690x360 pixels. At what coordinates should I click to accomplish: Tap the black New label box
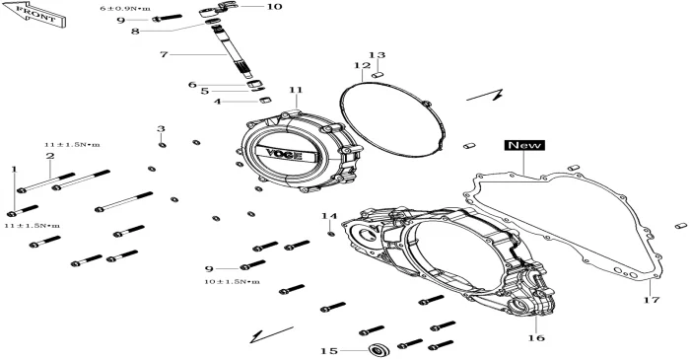[x=524, y=145]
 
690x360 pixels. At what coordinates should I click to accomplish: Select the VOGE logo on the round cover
[x=284, y=155]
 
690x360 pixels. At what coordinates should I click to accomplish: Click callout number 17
[x=652, y=300]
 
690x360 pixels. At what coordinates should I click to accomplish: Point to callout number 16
[x=536, y=338]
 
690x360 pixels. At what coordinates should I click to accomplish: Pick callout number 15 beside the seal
[x=329, y=351]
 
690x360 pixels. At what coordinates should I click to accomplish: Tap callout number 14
[x=329, y=216]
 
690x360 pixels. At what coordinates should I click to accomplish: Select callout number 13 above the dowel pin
[x=377, y=55]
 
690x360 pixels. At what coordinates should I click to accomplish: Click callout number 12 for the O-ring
[x=363, y=66]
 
